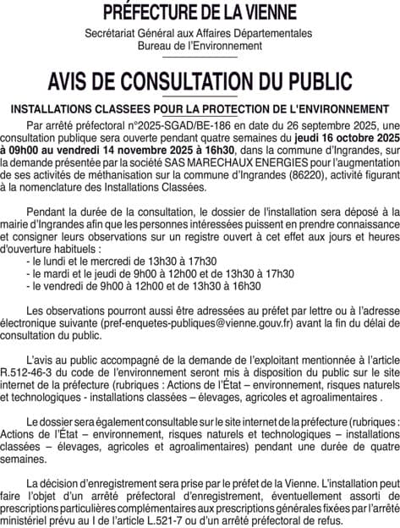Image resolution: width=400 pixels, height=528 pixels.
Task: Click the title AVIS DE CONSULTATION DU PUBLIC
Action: (200, 80)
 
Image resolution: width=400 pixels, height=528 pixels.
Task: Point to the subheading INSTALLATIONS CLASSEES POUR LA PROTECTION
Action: (200, 109)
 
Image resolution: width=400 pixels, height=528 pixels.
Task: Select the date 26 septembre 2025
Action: (314, 124)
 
